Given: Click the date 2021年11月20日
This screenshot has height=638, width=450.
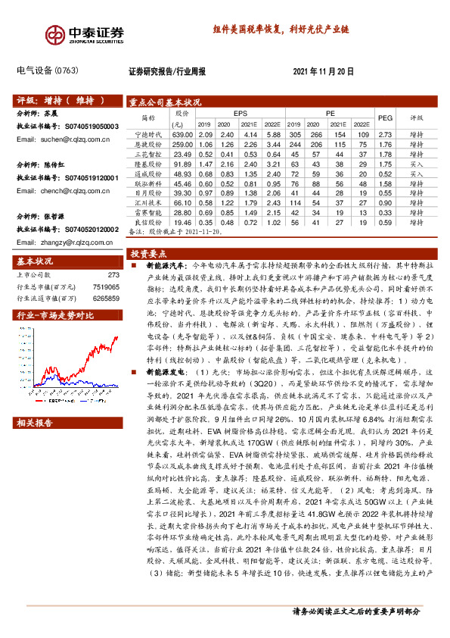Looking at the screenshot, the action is pos(323,70).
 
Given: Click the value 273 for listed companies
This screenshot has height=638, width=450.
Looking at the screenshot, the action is pos(114,275).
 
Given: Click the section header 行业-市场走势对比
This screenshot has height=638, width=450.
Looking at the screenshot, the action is pos(54,315).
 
